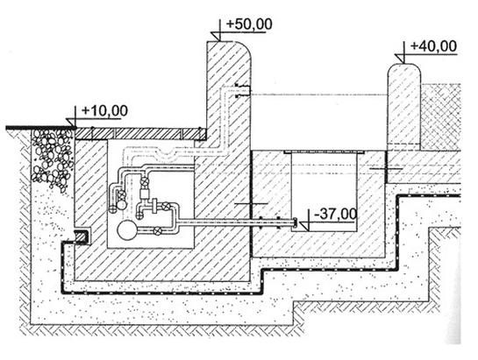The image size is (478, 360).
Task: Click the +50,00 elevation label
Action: (249, 25)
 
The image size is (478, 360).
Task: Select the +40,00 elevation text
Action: (433, 46)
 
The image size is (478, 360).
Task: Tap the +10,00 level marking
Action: (104, 110)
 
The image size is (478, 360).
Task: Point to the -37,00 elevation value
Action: (335, 214)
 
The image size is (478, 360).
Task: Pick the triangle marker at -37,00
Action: (304, 226)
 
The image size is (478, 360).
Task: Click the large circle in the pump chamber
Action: (127, 231)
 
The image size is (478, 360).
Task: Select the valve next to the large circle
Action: (157, 230)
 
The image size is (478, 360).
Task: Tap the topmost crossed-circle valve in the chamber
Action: (143, 180)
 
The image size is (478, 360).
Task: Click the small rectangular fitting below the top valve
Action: (143, 194)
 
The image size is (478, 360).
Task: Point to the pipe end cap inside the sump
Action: (295, 222)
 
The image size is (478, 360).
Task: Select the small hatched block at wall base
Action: (82, 236)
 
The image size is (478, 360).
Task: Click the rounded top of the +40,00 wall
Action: (404, 69)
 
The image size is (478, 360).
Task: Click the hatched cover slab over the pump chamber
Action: (140, 134)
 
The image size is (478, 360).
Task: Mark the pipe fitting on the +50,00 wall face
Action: (243, 90)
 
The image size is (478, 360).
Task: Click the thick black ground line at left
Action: (40, 128)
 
